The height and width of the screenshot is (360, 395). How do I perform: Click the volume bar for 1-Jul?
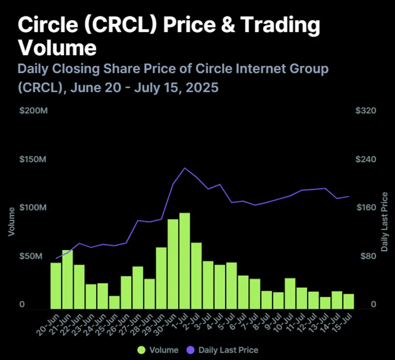point(184,260)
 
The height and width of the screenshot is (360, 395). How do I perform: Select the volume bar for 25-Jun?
point(114,302)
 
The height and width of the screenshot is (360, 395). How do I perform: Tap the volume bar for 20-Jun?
point(56,286)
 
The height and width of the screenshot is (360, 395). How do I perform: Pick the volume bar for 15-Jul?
point(348,301)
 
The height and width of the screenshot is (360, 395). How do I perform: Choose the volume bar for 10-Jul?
point(290,293)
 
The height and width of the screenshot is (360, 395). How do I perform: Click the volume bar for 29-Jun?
point(161,278)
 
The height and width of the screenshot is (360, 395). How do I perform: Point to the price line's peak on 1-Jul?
point(184,168)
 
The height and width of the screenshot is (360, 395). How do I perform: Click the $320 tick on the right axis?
point(365,111)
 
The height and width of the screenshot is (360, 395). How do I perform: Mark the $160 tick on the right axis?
point(365,208)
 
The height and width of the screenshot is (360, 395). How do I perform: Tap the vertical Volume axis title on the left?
point(11,221)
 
